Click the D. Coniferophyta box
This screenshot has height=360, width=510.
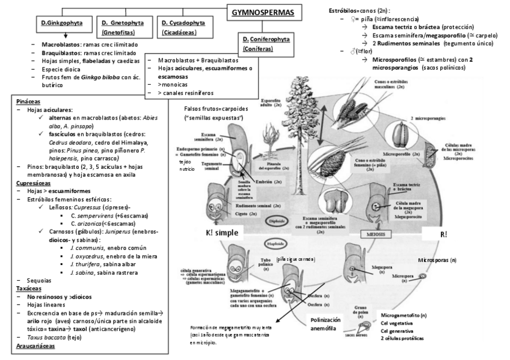[x=266, y=44]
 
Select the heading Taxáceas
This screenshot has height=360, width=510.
[x=27, y=288]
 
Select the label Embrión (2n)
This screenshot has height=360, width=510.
[x=268, y=180]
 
